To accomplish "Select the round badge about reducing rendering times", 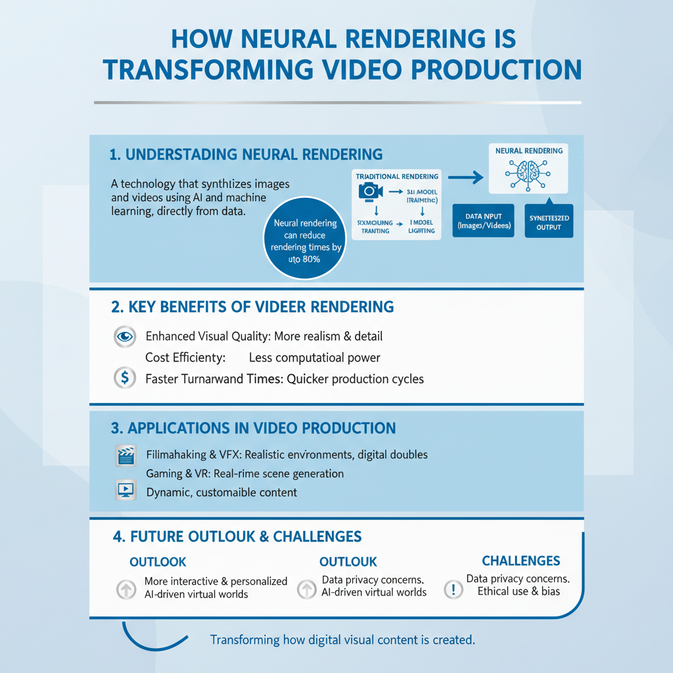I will [x=305, y=241].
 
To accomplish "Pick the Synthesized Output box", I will [x=549, y=221].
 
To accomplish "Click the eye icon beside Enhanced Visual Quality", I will [x=124, y=336].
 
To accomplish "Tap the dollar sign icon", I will [x=124, y=379].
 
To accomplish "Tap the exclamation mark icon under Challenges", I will [x=453, y=589].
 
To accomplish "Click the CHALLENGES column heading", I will [x=521, y=561].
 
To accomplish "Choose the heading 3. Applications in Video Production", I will [x=253, y=429].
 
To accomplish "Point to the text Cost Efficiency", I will [x=185, y=358].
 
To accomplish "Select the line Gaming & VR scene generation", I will [x=244, y=473].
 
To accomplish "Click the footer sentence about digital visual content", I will [x=342, y=639].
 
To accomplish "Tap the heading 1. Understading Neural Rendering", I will [x=246, y=154].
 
